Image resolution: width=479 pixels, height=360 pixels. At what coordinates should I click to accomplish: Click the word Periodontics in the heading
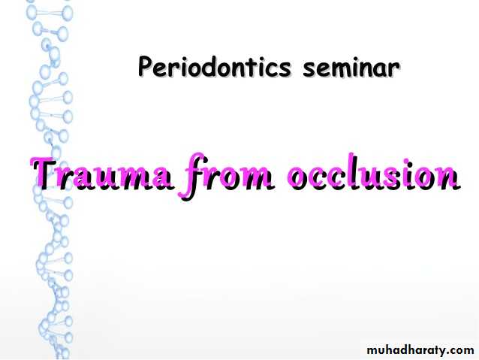click(214, 66)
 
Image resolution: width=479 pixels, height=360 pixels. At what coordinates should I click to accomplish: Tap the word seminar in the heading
click(351, 68)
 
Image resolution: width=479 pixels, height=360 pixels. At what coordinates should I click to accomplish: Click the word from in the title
click(227, 176)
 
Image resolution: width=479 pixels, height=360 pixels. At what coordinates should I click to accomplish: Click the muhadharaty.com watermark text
click(420, 349)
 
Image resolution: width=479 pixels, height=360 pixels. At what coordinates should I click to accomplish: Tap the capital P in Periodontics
click(146, 66)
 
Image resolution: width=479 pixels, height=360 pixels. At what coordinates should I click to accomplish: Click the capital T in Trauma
click(46, 173)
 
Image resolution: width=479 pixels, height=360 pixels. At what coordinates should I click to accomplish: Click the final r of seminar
click(393, 69)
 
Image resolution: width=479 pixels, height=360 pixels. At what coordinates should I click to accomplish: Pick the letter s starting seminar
click(309, 69)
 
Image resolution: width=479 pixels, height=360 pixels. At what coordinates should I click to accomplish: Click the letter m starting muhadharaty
click(372, 351)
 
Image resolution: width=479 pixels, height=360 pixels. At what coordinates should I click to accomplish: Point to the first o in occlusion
click(299, 177)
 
